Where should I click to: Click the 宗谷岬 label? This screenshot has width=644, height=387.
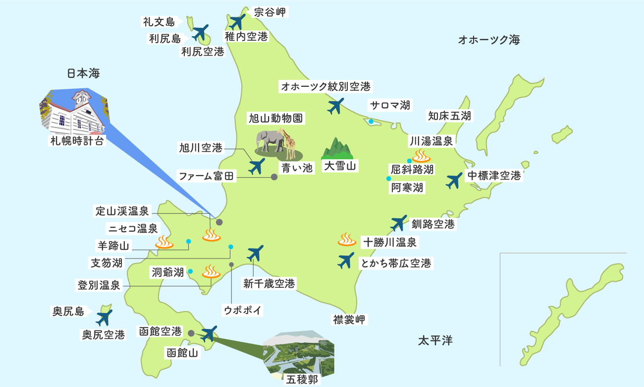coord(269,12)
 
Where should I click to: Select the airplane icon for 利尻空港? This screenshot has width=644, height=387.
coord(200,33)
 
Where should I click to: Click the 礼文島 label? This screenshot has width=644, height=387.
coord(159,21)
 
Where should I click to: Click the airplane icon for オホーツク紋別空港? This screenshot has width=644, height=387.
coord(336,106)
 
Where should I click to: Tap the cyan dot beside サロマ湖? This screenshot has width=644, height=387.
coord(371,121)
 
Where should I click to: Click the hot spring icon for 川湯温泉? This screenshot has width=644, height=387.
coord(422,156)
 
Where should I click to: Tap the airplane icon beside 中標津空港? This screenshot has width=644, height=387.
coord(453,181)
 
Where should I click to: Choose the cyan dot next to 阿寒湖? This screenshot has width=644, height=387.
coord(389,179)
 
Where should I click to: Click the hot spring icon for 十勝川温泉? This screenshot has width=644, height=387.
coord(347,240)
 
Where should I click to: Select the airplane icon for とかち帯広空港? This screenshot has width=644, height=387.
coord(346,261)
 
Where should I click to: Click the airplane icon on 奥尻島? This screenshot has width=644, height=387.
coord(105,318)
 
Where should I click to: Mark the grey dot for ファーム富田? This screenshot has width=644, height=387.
coord(274,176)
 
